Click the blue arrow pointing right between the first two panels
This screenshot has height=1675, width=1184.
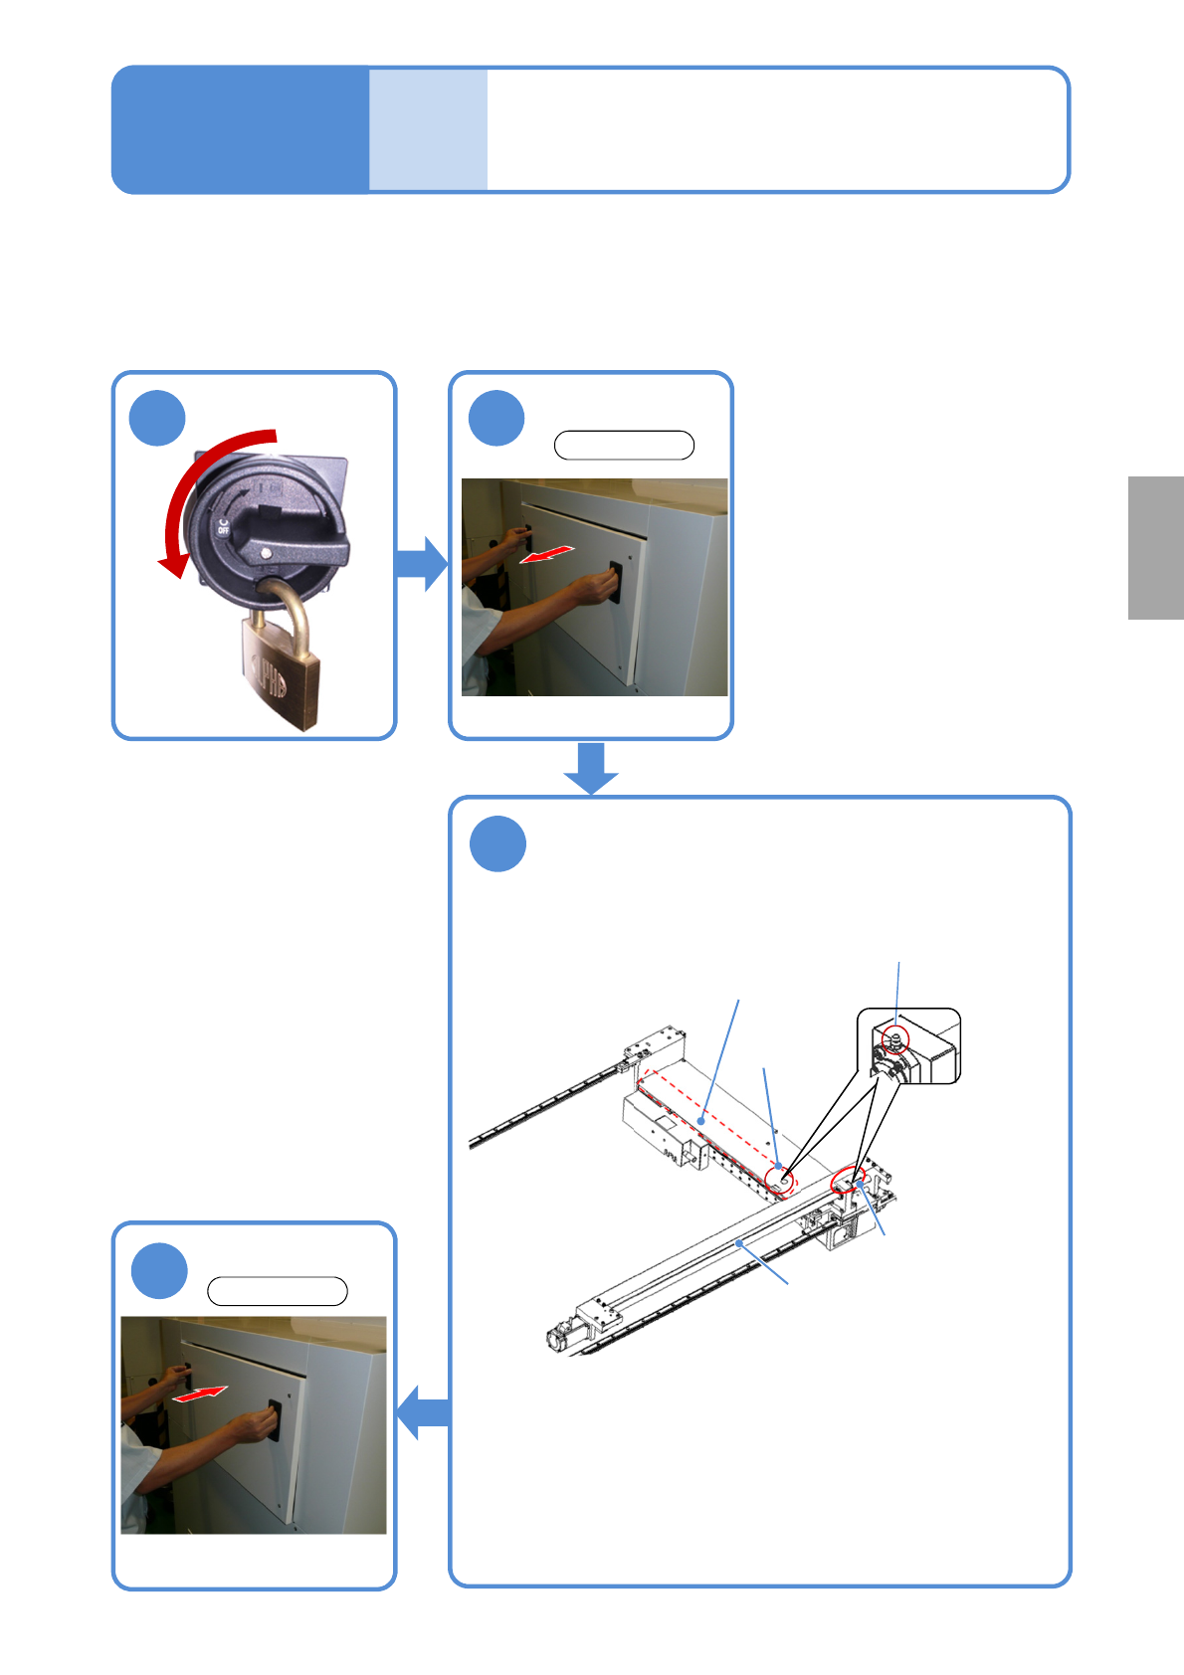click(x=422, y=563)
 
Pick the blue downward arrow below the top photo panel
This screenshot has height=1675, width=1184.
click(x=591, y=767)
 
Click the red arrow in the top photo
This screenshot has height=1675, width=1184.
click(x=547, y=554)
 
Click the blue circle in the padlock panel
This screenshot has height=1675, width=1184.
click(x=157, y=419)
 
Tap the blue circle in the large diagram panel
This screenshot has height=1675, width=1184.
click(x=497, y=843)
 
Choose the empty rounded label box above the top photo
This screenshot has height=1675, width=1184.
click(x=624, y=446)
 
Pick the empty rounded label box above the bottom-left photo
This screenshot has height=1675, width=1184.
click(x=278, y=1291)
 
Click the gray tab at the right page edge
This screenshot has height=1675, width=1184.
click(x=1155, y=548)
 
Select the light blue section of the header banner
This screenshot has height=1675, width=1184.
click(x=428, y=129)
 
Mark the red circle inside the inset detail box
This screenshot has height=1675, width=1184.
click(x=896, y=1039)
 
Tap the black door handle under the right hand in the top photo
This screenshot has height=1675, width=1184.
click(x=615, y=581)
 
